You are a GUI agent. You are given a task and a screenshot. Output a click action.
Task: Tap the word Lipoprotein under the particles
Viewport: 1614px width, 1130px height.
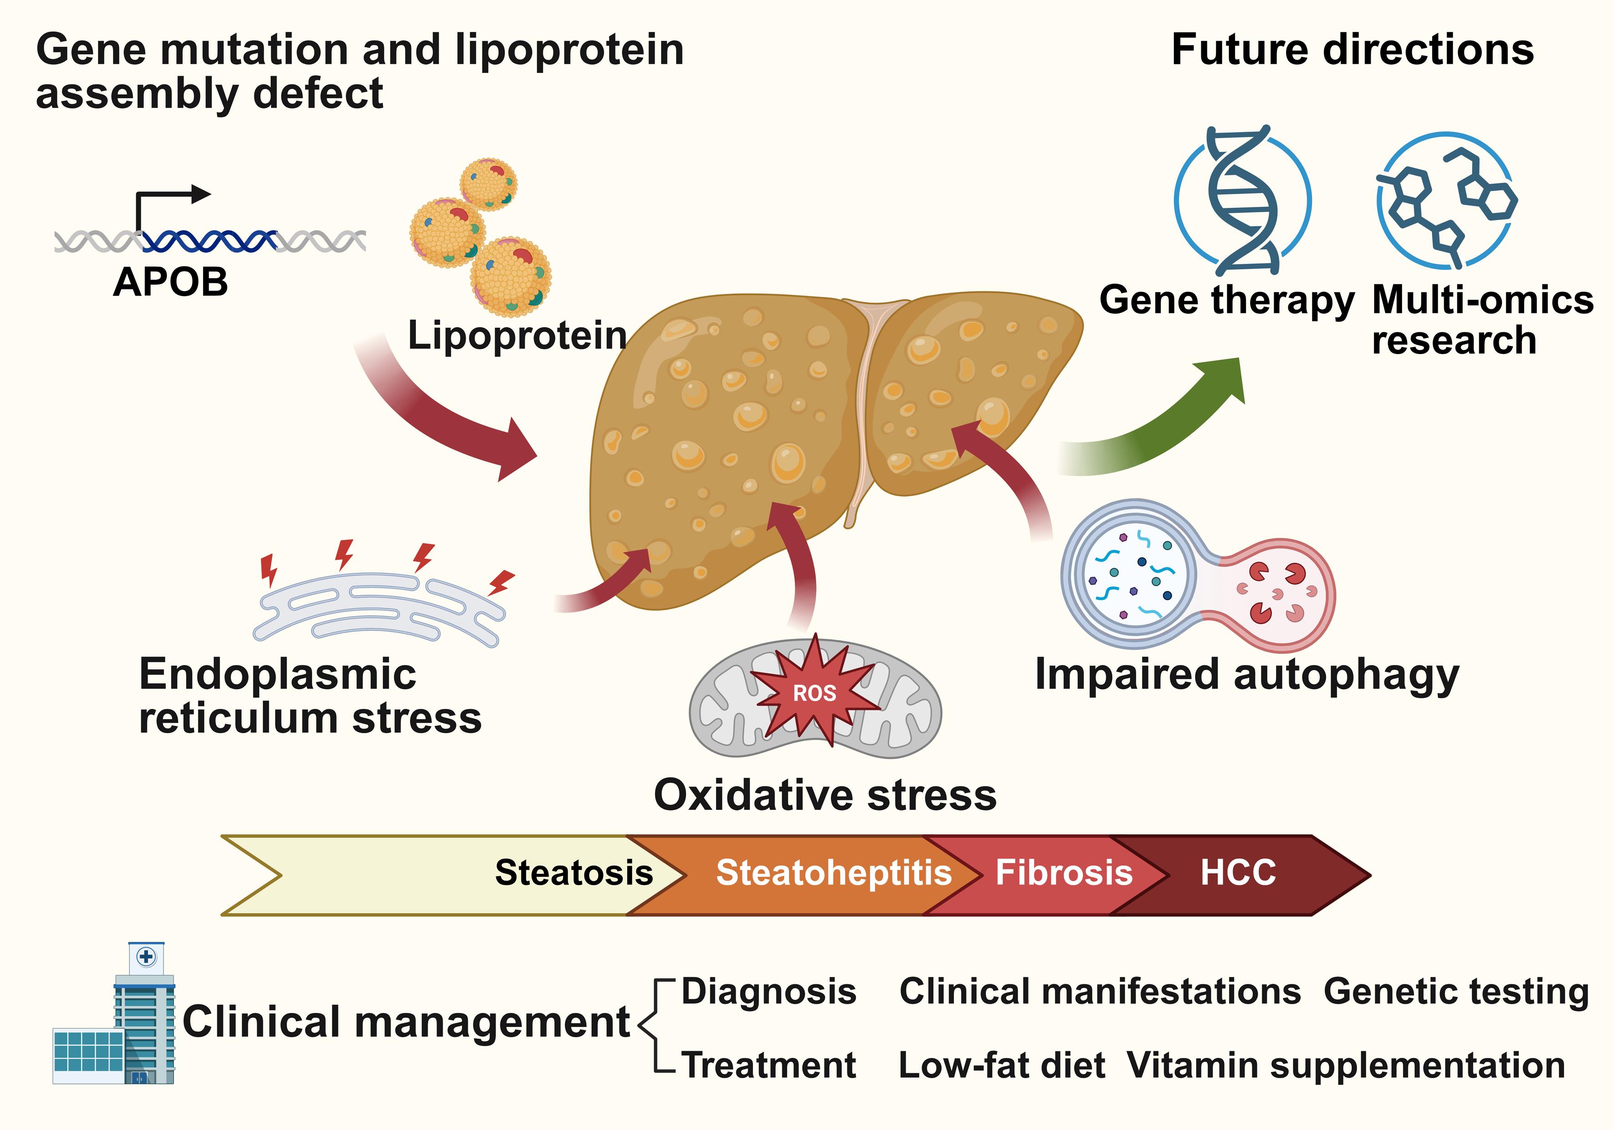(518, 335)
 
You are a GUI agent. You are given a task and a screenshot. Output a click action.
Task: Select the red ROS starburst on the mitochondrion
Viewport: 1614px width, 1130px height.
(815, 692)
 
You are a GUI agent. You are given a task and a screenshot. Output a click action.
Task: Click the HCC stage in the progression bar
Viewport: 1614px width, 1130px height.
(1237, 873)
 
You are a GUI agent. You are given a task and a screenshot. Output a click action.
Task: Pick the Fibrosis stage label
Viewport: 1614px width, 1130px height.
(1064, 873)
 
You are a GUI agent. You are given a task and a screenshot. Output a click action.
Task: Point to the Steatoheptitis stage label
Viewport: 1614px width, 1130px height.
(834, 873)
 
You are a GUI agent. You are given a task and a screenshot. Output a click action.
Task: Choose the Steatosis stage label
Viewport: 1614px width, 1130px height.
(574, 873)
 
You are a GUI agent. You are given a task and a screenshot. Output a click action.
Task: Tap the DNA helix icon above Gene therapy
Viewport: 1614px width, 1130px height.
(1243, 200)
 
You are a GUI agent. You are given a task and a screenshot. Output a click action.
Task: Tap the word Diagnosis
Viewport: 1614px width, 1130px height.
(769, 991)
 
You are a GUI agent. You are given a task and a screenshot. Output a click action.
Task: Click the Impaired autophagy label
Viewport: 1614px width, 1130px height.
(1247, 675)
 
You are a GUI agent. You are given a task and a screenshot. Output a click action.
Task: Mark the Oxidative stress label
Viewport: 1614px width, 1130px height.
(825, 795)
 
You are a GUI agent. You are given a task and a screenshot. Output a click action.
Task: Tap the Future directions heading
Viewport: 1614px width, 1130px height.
(1353, 50)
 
